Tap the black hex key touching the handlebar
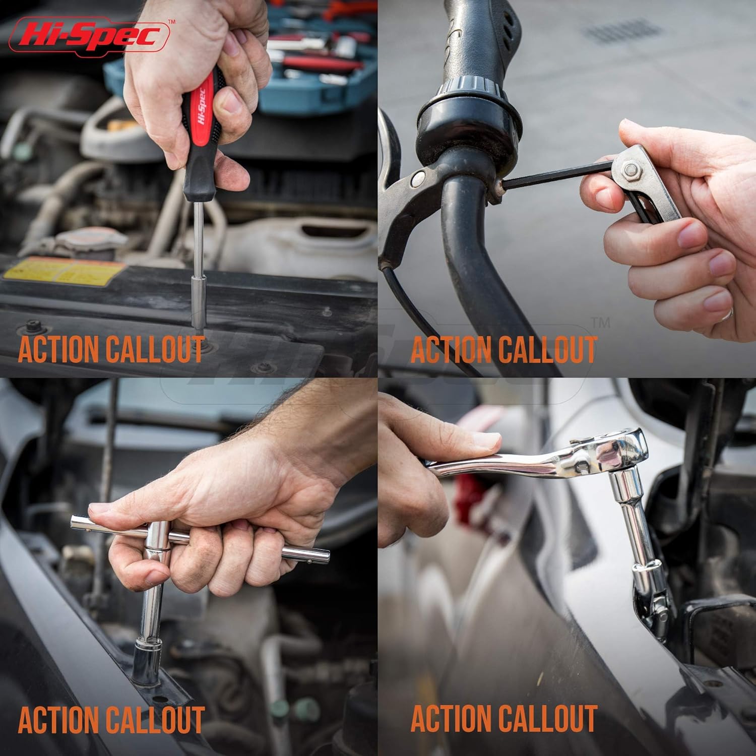click(554, 175)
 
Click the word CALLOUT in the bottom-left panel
click(154, 719)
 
